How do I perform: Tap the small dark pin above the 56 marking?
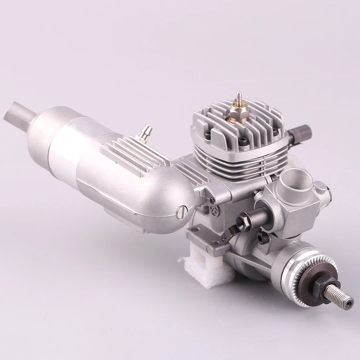pyautogui.click(x=212, y=200)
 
